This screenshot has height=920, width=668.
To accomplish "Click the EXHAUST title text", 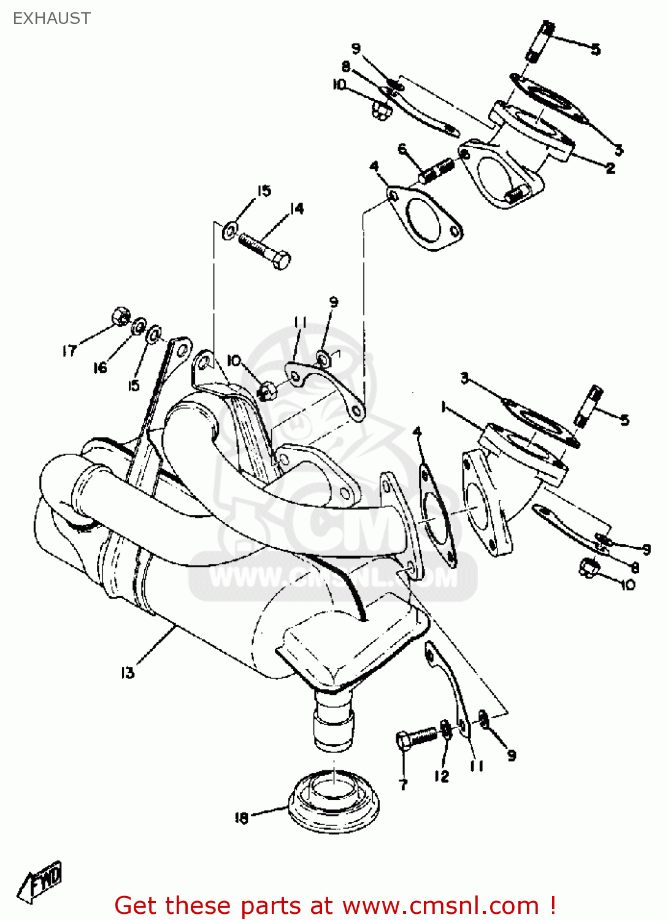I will tap(52, 18).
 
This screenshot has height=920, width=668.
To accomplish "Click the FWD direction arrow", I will tap(40, 882).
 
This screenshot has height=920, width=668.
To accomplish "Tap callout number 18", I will tap(241, 818).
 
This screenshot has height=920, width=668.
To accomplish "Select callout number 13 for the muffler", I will tap(127, 673).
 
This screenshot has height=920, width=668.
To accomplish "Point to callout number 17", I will tap(69, 350).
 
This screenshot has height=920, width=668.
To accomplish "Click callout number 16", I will tap(99, 367).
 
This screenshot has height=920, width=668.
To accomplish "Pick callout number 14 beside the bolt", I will tap(297, 209).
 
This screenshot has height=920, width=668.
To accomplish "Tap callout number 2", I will tap(610, 168).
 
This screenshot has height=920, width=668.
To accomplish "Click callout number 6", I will tap(402, 148).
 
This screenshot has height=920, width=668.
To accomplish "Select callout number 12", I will tap(442, 776).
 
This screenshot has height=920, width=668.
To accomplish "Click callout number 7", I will tap(403, 784).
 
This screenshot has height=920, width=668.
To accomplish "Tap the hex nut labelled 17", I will tap(121, 316).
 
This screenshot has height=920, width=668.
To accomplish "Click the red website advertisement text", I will tap(336, 905).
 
